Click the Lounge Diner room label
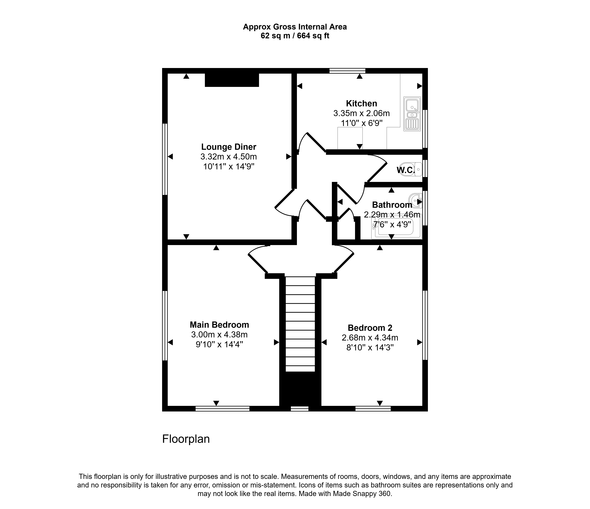coord(229,147)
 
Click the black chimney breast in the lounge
coord(232,80)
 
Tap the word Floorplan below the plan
coord(186,439)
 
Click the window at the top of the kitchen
coord(347,71)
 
